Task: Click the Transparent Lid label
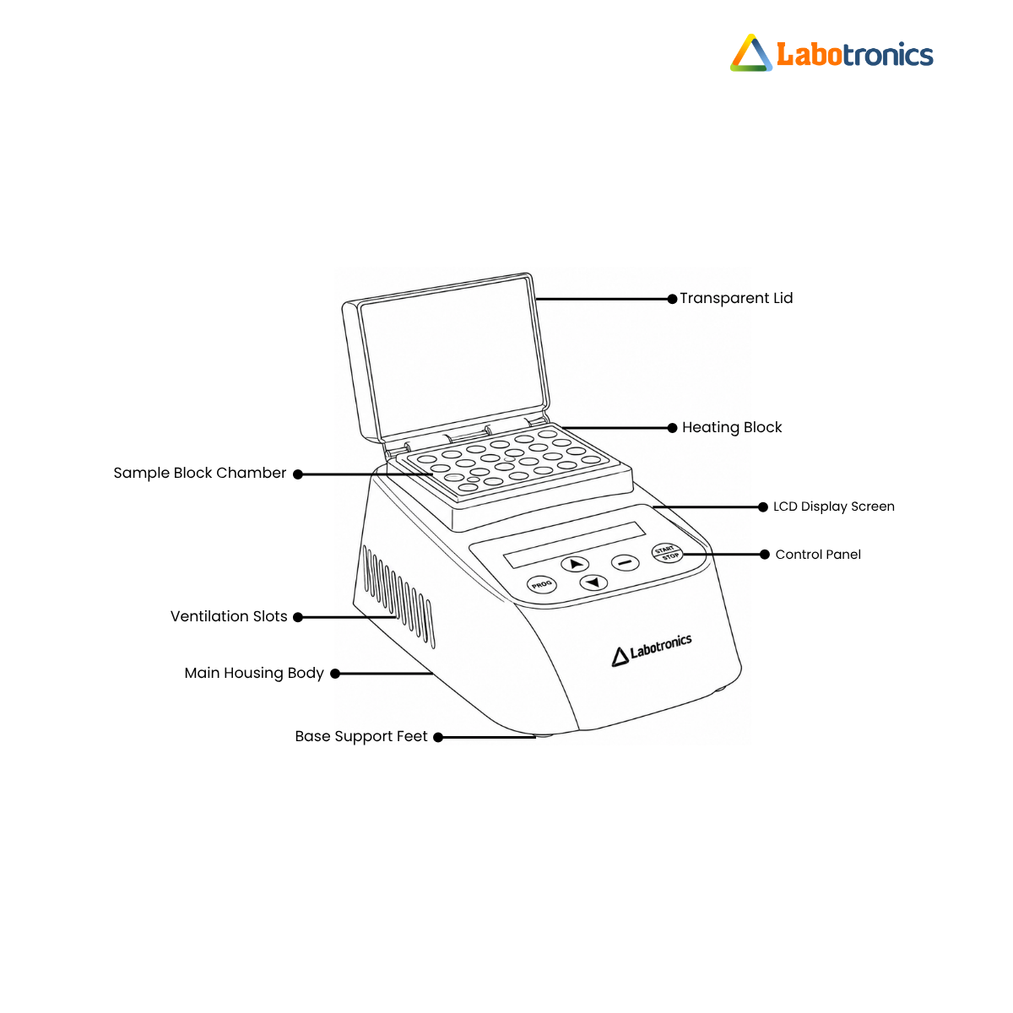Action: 735,298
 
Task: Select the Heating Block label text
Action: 731,427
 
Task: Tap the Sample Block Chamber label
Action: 200,473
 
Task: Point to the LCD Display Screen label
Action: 833,506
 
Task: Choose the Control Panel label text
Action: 817,554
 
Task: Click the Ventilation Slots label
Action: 229,616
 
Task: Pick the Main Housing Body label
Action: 254,673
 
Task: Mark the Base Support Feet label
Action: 360,736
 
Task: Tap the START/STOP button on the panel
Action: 667,552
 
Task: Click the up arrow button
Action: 575,564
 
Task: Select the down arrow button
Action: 593,582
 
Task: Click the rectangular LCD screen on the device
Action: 574,545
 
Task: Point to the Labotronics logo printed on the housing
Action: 652,650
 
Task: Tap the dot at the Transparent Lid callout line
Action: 672,299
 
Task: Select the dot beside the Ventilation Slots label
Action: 297,617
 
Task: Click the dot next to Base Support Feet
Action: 438,738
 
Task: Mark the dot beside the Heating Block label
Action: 672,428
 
